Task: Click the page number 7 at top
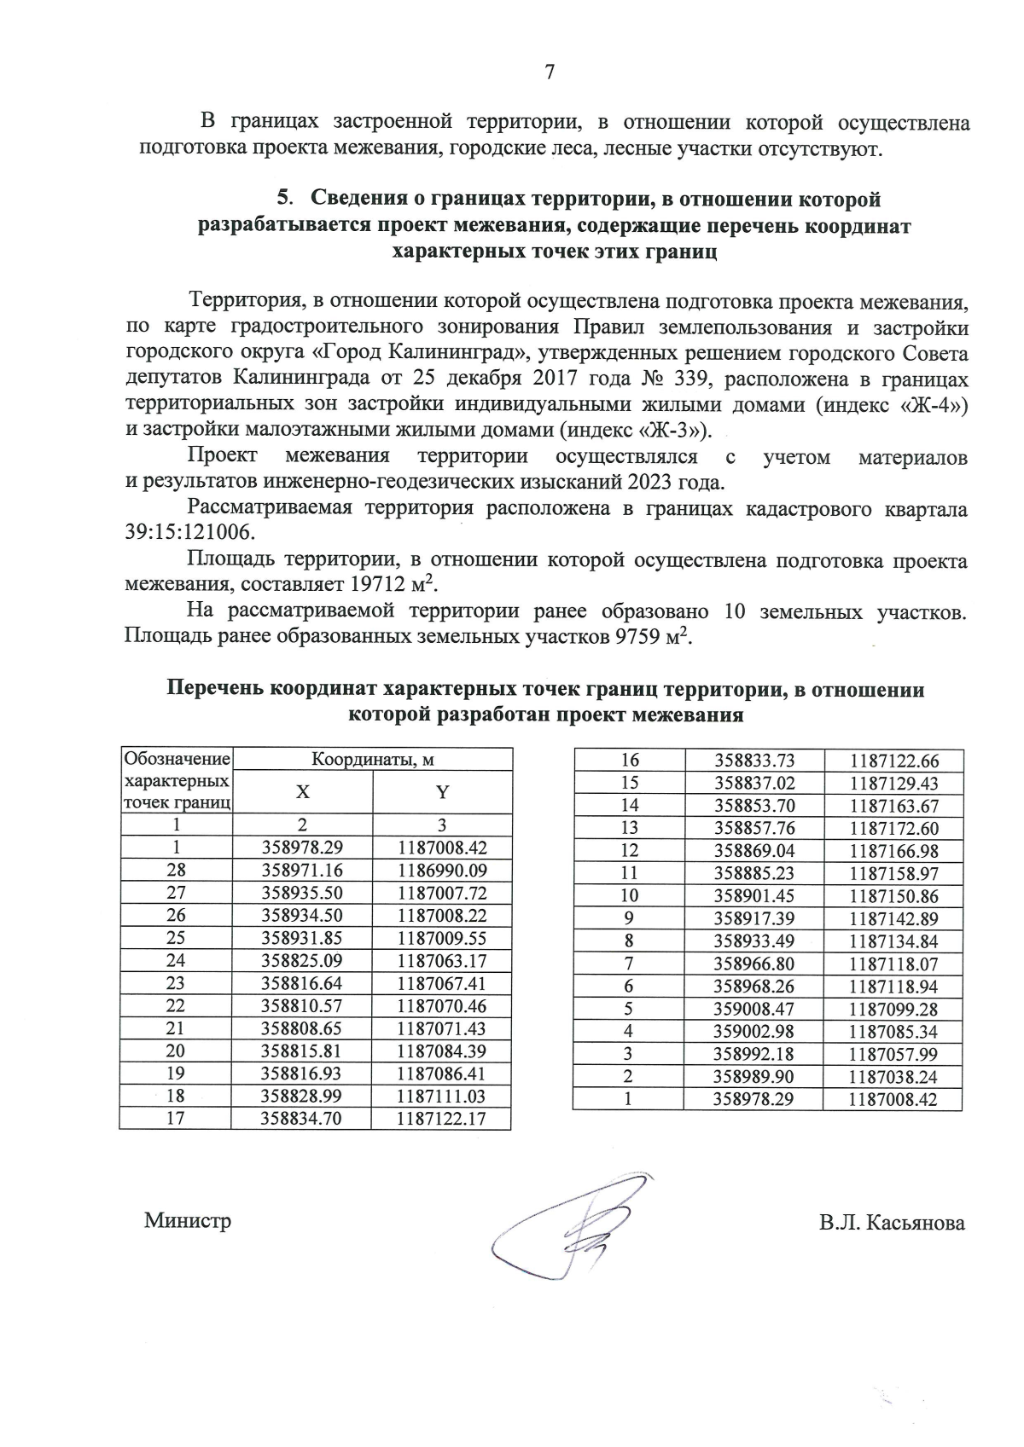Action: coord(550,72)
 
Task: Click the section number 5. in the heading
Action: coord(287,199)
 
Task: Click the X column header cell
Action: coord(302,792)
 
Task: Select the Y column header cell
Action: coord(442,792)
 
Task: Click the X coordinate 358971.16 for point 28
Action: coord(301,871)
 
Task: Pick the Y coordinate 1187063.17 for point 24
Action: coord(441,961)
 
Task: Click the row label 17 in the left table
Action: coord(175,1119)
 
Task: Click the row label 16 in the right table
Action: coord(629,761)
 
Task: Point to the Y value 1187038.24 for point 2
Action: coord(893,1077)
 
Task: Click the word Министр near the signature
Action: coord(188,1220)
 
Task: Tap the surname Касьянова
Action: coord(916,1224)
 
